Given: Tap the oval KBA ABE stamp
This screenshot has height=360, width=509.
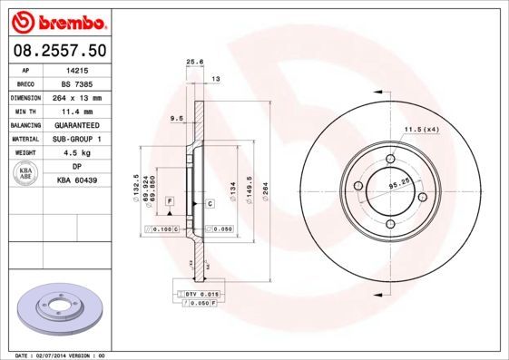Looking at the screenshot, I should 25,174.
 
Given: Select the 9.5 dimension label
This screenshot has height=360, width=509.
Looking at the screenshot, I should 178,119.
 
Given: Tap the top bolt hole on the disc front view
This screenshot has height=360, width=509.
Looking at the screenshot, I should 391,160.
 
